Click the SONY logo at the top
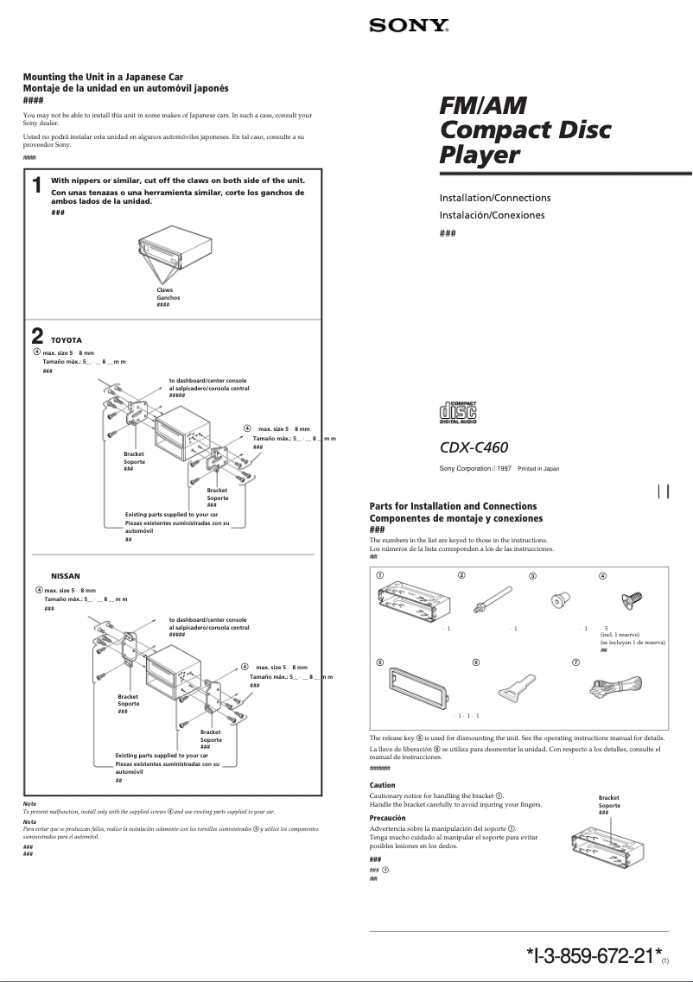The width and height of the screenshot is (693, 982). (x=409, y=26)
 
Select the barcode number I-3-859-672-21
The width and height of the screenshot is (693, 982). (x=593, y=956)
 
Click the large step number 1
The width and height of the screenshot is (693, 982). (x=36, y=186)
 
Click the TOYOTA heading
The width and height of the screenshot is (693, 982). (x=67, y=340)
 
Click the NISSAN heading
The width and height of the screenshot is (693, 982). (x=66, y=575)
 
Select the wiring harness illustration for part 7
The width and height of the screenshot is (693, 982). (x=614, y=687)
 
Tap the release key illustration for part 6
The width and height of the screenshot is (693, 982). (x=512, y=687)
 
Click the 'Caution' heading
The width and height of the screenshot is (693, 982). (x=382, y=785)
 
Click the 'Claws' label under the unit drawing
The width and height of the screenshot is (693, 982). (x=164, y=290)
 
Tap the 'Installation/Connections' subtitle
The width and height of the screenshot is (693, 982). (x=495, y=198)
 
